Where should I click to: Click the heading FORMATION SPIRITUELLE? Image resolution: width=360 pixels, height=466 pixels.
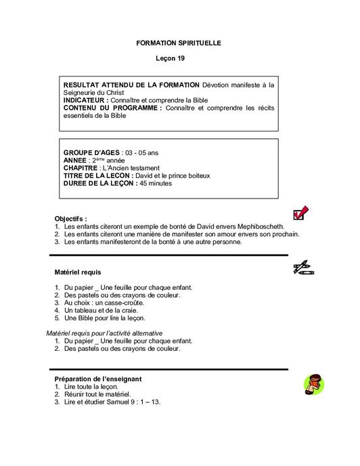click(x=179, y=43)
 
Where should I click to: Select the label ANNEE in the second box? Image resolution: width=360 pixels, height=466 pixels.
click(x=78, y=161)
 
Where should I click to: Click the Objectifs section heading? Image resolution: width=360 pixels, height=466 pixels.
click(x=70, y=219)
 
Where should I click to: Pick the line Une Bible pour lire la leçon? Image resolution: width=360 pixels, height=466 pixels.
click(x=105, y=318)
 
